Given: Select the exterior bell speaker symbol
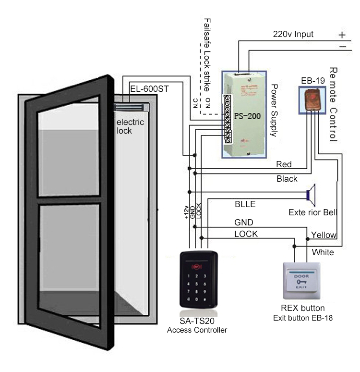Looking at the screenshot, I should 311,194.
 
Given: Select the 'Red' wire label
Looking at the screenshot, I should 284,164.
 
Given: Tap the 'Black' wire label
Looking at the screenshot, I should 287,178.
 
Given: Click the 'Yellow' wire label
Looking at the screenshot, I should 324,235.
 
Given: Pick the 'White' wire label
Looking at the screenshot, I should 323,252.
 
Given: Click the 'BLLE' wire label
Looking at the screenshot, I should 245,204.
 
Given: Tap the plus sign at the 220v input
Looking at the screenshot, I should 342,35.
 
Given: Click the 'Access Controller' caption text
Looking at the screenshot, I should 197,330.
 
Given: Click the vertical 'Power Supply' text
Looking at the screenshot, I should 275,111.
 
